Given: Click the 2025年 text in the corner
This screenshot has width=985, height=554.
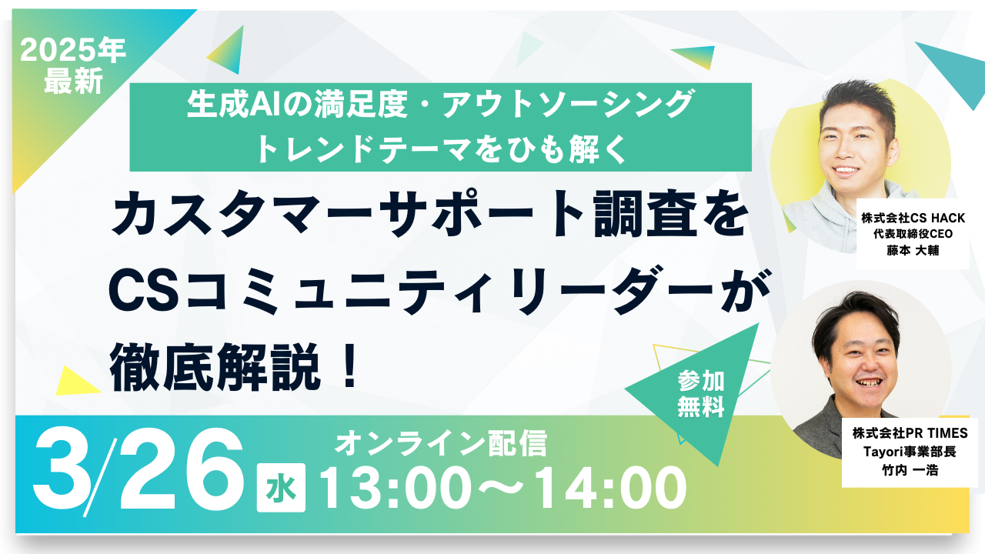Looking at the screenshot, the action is click(73, 50).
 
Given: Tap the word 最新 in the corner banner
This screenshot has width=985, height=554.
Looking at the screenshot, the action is click(73, 81).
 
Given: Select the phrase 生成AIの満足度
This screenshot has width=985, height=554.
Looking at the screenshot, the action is click(297, 104).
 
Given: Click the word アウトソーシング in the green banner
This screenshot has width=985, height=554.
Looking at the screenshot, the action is click(568, 104).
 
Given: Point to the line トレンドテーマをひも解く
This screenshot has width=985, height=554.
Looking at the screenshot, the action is click(441, 149).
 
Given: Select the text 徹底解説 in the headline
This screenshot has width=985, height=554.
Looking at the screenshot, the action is click(215, 367).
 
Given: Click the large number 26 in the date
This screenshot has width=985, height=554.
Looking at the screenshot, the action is click(181, 469).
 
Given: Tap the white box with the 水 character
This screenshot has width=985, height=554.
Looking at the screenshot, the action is click(281, 488).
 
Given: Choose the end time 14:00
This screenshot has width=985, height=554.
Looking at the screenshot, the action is click(610, 488).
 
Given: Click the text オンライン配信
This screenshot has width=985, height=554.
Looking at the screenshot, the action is click(441, 443).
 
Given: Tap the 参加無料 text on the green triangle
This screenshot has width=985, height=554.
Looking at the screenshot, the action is click(701, 394).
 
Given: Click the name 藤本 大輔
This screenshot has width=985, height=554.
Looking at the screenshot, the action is click(913, 251).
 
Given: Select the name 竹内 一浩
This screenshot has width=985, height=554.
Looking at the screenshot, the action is click(910, 470).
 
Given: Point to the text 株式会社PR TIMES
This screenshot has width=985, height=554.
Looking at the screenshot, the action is click(910, 433).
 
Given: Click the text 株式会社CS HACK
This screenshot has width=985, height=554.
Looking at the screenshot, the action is click(913, 218).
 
